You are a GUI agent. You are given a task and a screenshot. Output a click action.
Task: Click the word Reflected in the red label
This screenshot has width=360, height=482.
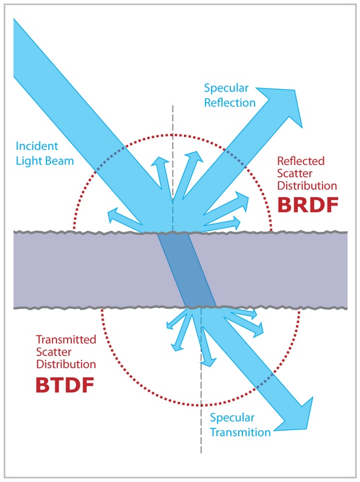[300, 161]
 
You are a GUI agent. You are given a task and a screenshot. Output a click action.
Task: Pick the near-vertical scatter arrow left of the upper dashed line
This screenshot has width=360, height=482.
[160, 169]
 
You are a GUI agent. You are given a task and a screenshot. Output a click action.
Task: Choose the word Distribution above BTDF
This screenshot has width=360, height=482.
[66, 365]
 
